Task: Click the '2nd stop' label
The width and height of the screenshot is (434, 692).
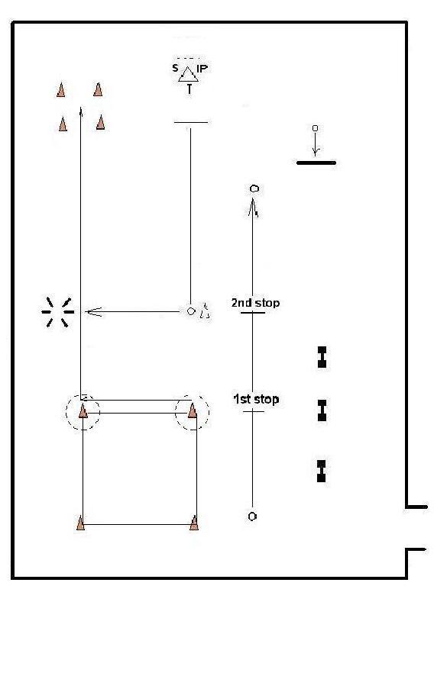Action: click(x=255, y=303)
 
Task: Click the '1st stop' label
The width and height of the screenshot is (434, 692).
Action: click(x=256, y=399)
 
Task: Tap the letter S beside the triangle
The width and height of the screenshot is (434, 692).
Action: click(x=176, y=68)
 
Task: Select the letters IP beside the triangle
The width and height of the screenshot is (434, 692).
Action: click(x=202, y=69)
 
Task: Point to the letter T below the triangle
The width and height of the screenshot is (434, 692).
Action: click(x=189, y=89)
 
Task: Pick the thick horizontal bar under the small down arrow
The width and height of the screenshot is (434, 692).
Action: click(x=316, y=163)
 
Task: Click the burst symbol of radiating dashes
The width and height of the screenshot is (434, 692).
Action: click(x=58, y=312)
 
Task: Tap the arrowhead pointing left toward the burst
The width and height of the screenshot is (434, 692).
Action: click(x=93, y=312)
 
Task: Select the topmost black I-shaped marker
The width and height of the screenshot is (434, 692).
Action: click(x=322, y=357)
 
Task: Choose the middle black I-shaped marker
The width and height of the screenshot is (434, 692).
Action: click(x=322, y=410)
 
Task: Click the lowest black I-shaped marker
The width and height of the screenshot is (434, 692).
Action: click(x=322, y=471)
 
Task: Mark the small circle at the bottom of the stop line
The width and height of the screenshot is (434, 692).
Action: click(x=252, y=516)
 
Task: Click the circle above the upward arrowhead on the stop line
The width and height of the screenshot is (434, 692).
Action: click(x=254, y=189)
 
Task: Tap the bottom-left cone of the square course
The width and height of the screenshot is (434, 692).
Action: click(x=80, y=523)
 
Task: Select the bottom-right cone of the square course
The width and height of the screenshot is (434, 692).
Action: click(x=193, y=523)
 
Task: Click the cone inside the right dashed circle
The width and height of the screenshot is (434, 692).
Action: click(x=193, y=410)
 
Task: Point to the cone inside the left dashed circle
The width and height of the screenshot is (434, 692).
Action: click(x=83, y=410)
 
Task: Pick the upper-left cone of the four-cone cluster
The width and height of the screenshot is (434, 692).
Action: click(x=61, y=89)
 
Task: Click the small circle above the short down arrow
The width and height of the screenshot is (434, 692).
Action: click(x=315, y=128)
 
